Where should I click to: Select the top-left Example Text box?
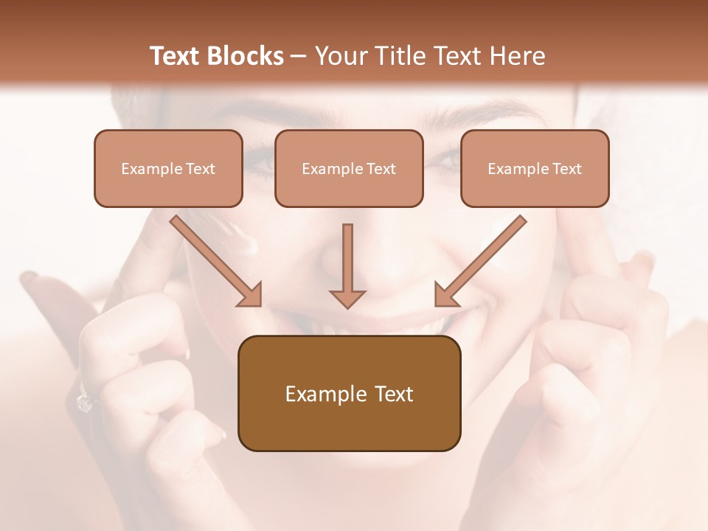pos(168,168)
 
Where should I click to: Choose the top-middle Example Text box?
pos(349,168)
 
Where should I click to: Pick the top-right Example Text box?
pos(535,168)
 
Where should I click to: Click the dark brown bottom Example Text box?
pos(349,393)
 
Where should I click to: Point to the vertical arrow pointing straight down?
pos(347,265)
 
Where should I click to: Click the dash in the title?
pos(299,56)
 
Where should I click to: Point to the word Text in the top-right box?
pos(566,169)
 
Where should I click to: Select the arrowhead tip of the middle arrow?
pos(347,305)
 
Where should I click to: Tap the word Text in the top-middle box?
pos(381,169)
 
